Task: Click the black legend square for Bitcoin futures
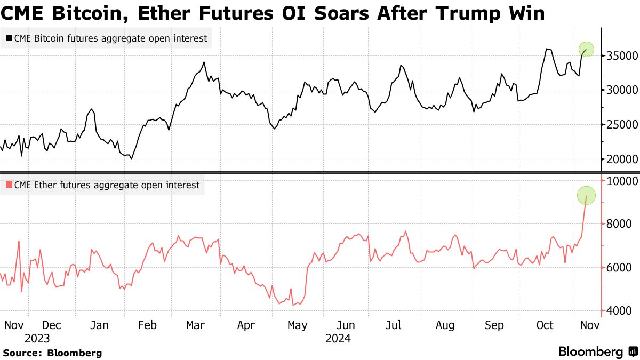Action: [9, 38]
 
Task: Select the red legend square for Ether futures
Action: [9, 185]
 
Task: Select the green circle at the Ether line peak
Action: [586, 195]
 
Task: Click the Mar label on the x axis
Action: [195, 325]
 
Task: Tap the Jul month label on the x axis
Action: [394, 325]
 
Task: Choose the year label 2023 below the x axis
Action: [37, 339]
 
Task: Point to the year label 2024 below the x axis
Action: [338, 339]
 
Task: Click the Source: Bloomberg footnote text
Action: [52, 353]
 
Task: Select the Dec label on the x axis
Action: [52, 325]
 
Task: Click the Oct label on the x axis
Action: [545, 325]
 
